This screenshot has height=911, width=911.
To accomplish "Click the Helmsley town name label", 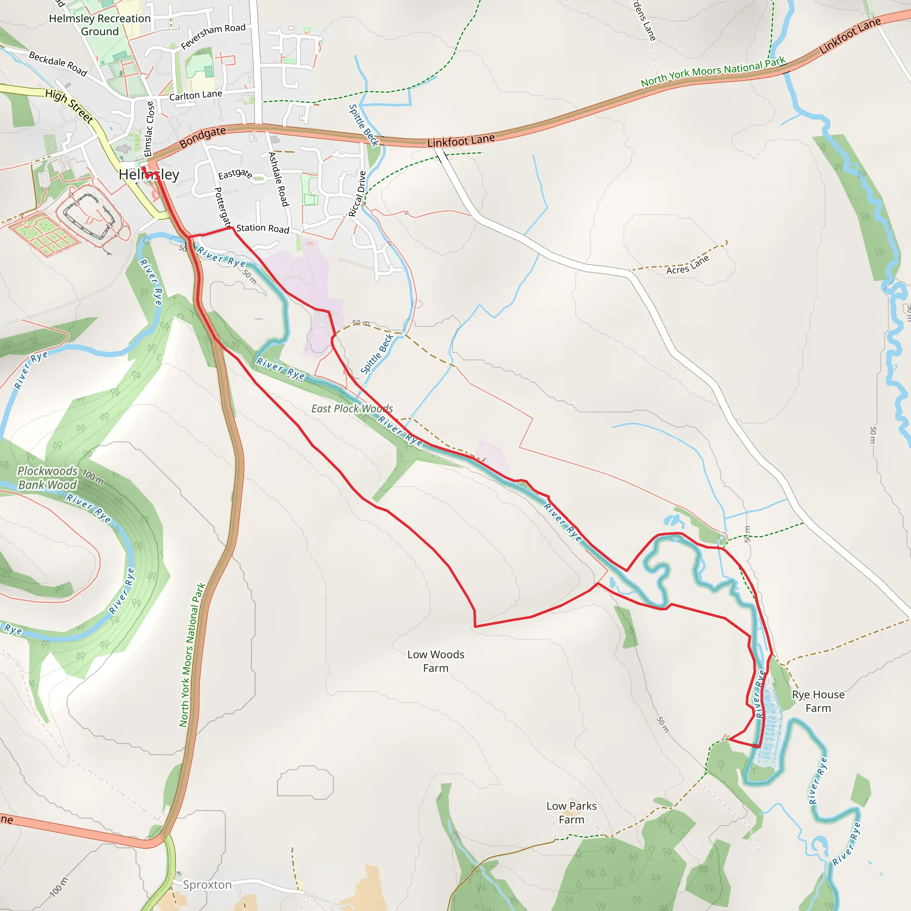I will point(149,174).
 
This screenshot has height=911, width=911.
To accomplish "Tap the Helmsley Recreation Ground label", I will point(100,25).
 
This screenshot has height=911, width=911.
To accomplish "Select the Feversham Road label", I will point(213,36).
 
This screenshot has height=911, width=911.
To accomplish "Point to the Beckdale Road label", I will point(58,63).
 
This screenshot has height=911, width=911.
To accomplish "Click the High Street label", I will point(69,106).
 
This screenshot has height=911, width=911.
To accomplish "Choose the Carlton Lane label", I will point(196,95).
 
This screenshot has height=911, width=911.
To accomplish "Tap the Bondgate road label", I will point(203,137).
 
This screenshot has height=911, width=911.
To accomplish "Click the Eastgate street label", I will point(235,174).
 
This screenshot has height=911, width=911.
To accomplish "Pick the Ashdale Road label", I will point(278,179).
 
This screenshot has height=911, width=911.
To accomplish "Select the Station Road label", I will point(262,228).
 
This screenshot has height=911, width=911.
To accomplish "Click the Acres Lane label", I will point(688,265).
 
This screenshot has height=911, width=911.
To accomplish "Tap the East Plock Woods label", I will point(352,408).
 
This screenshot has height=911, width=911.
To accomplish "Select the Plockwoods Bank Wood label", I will point(47,478).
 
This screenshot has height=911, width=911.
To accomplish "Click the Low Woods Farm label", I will point(435,661).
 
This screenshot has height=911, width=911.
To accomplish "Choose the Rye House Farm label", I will point(818,701).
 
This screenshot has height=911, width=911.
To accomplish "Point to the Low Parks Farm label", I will point(572,812).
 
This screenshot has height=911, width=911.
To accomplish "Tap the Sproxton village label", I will point(207,885).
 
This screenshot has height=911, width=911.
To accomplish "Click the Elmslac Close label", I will point(149,129).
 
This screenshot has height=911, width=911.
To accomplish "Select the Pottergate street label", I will point(223,206).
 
